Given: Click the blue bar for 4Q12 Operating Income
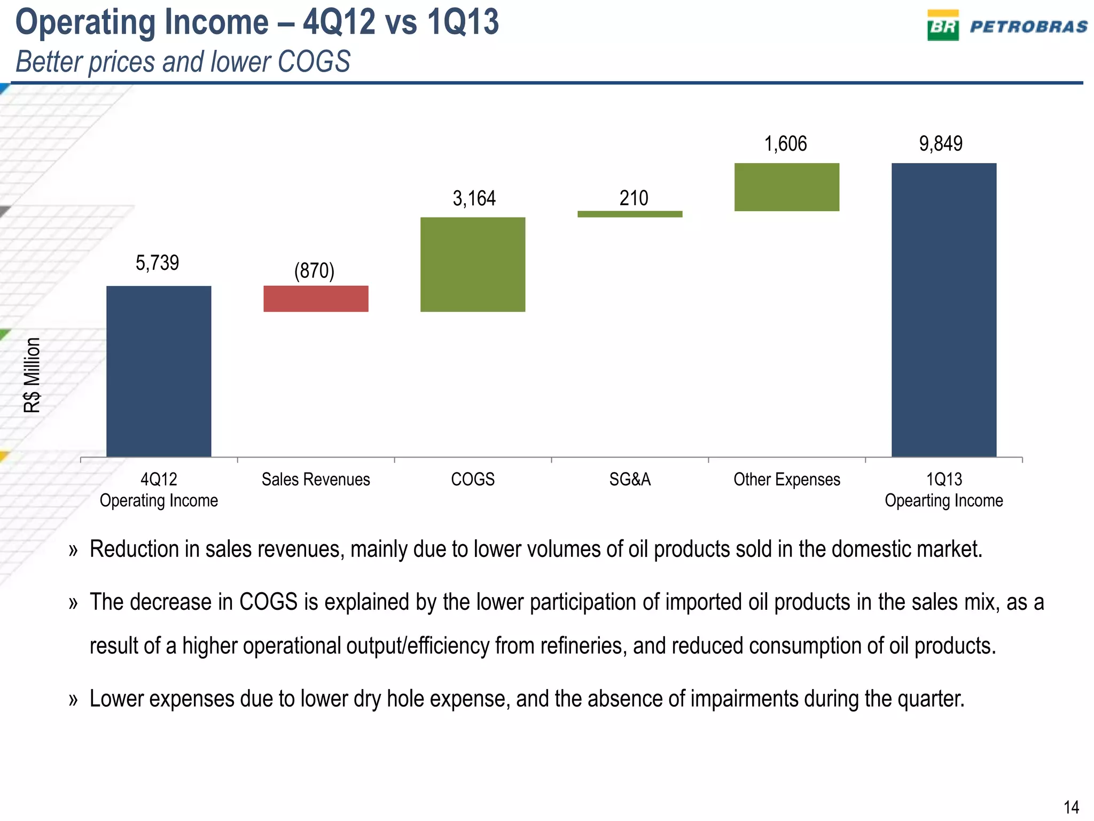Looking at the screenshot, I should pyautogui.click(x=159, y=371).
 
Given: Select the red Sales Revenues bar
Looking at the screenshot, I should pyautogui.click(x=316, y=299).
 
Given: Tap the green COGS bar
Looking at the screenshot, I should pyautogui.click(x=473, y=264).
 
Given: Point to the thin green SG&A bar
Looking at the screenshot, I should pyautogui.click(x=630, y=214).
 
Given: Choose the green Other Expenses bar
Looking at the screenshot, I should pyautogui.click(x=787, y=187).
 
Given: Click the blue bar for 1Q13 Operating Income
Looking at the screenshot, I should pyautogui.click(x=944, y=310).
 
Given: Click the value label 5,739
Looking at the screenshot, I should pyautogui.click(x=157, y=263).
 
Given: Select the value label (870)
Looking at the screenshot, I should pyautogui.click(x=314, y=270).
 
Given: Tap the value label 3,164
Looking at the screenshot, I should pyautogui.click(x=474, y=199).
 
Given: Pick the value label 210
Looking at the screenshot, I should pyautogui.click(x=634, y=198).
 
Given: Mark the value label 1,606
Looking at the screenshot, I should pyautogui.click(x=785, y=144).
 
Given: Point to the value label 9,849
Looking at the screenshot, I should pyautogui.click(x=941, y=144).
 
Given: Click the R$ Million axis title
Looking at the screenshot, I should pyautogui.click(x=33, y=375).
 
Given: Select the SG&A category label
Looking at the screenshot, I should pyautogui.click(x=630, y=479).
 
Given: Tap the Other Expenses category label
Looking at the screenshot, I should pyautogui.click(x=786, y=479).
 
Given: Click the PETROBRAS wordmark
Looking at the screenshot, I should pyautogui.click(x=1028, y=27).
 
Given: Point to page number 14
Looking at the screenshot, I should pyautogui.click(x=1071, y=807).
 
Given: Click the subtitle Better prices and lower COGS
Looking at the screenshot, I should pyautogui.click(x=183, y=61).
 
